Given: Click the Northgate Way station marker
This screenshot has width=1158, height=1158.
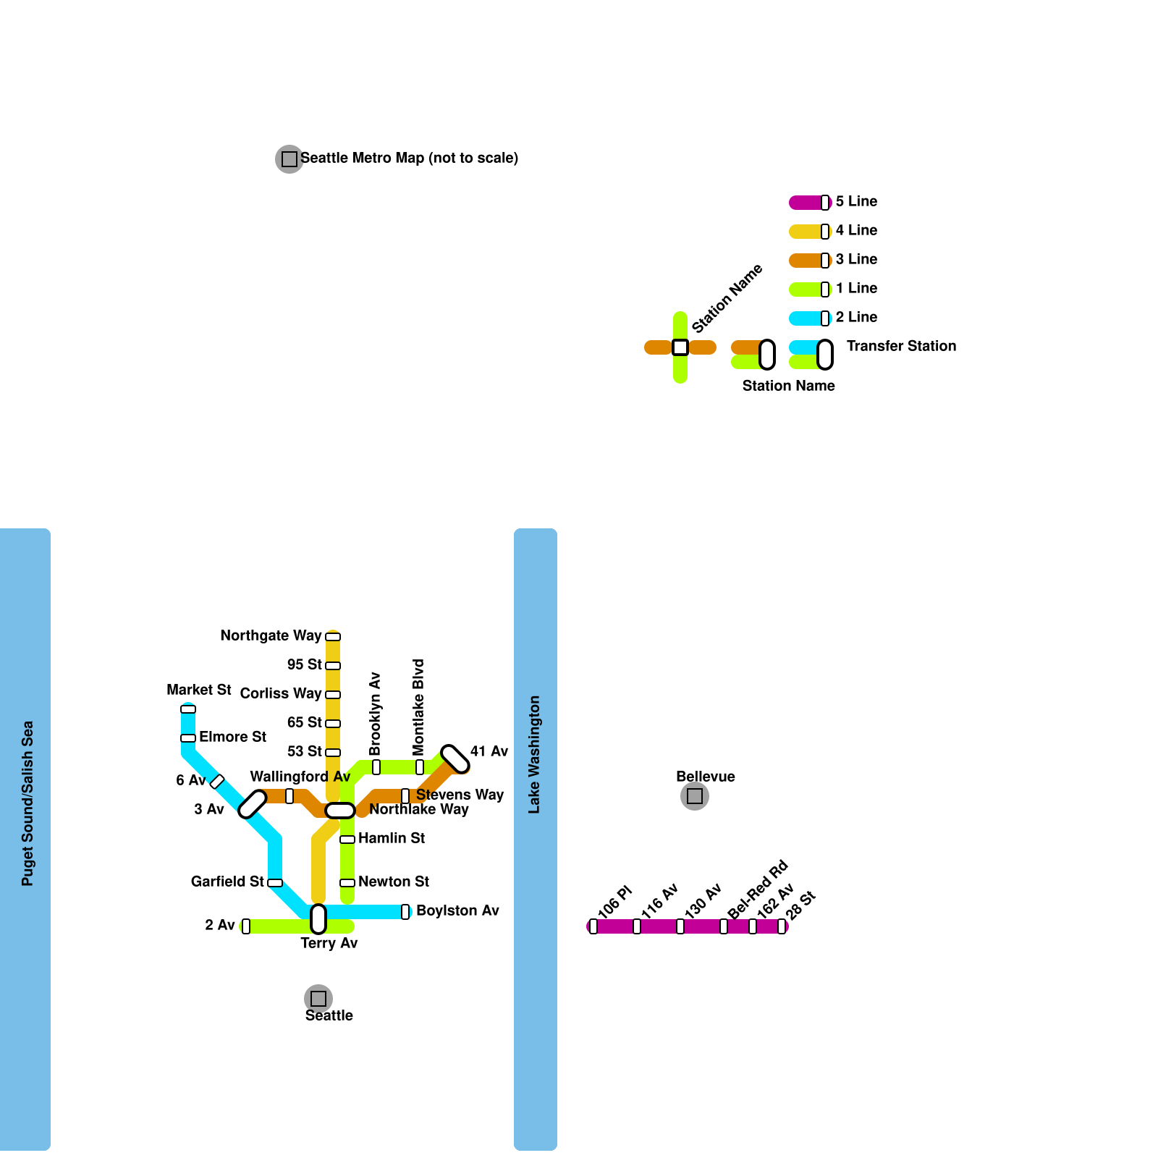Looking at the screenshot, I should tap(333, 637).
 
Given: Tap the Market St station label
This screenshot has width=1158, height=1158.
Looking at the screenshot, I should tap(198, 690).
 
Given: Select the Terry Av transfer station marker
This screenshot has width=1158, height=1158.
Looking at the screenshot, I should tap(318, 919).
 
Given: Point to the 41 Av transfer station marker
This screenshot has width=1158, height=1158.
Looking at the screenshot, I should tap(455, 758).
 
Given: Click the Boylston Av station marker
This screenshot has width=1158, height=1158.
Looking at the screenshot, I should tap(405, 912).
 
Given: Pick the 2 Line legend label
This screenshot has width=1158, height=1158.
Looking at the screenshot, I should tap(856, 317).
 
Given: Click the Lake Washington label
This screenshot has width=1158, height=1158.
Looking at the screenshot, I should tap(534, 754).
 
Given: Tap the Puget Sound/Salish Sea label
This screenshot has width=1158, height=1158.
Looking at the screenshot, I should tap(28, 803).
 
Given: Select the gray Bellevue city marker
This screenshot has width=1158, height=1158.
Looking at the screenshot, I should tap(695, 796).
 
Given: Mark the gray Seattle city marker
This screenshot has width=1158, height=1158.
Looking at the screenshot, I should tap(318, 999).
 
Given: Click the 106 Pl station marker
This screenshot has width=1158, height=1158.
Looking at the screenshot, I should tap(593, 926).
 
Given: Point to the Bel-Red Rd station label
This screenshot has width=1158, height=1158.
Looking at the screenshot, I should tap(757, 890).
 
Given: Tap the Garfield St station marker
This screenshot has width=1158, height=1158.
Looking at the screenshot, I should tap(275, 883).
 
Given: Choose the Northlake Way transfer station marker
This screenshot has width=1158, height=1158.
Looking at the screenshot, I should tap(340, 811).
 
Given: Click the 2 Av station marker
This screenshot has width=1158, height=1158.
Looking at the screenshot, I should tap(246, 926).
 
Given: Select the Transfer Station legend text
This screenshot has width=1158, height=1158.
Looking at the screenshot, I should tap(901, 346).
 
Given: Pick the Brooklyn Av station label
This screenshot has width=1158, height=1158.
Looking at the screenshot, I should tap(375, 714).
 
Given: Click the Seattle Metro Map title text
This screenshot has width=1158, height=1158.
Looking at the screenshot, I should tap(409, 158).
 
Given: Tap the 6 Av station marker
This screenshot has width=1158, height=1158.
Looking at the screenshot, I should tap(217, 782).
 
